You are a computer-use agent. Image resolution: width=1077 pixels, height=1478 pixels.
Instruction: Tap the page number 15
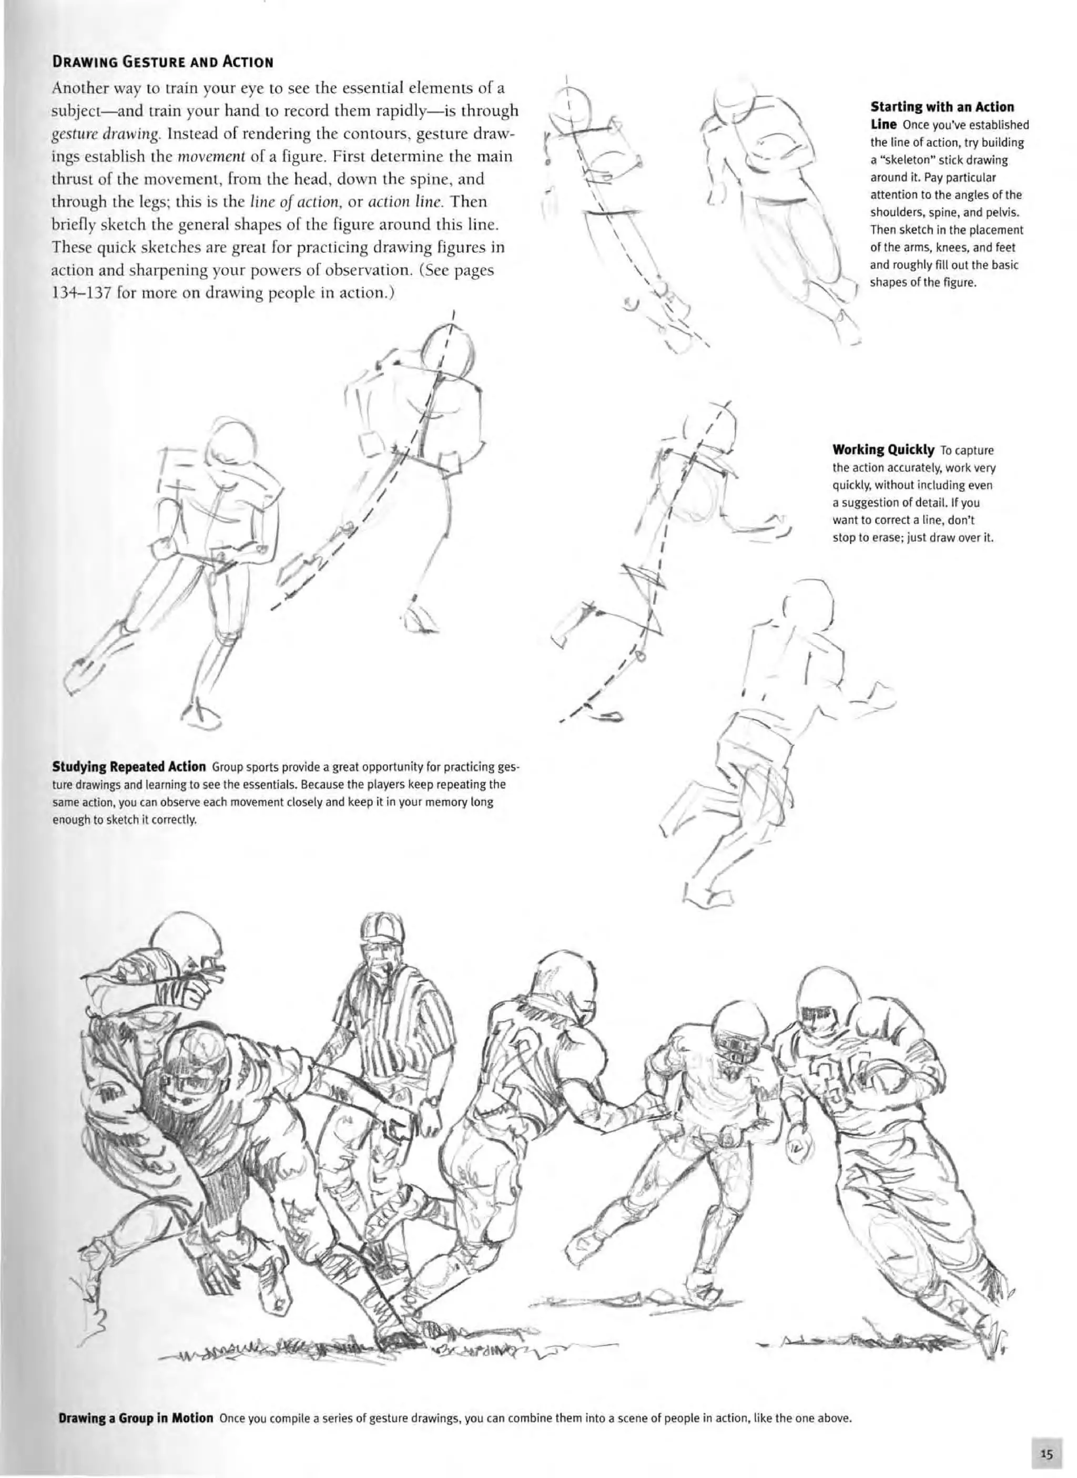tap(1047, 1450)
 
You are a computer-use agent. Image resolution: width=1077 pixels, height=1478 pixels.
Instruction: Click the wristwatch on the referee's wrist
tap(430, 1101)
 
